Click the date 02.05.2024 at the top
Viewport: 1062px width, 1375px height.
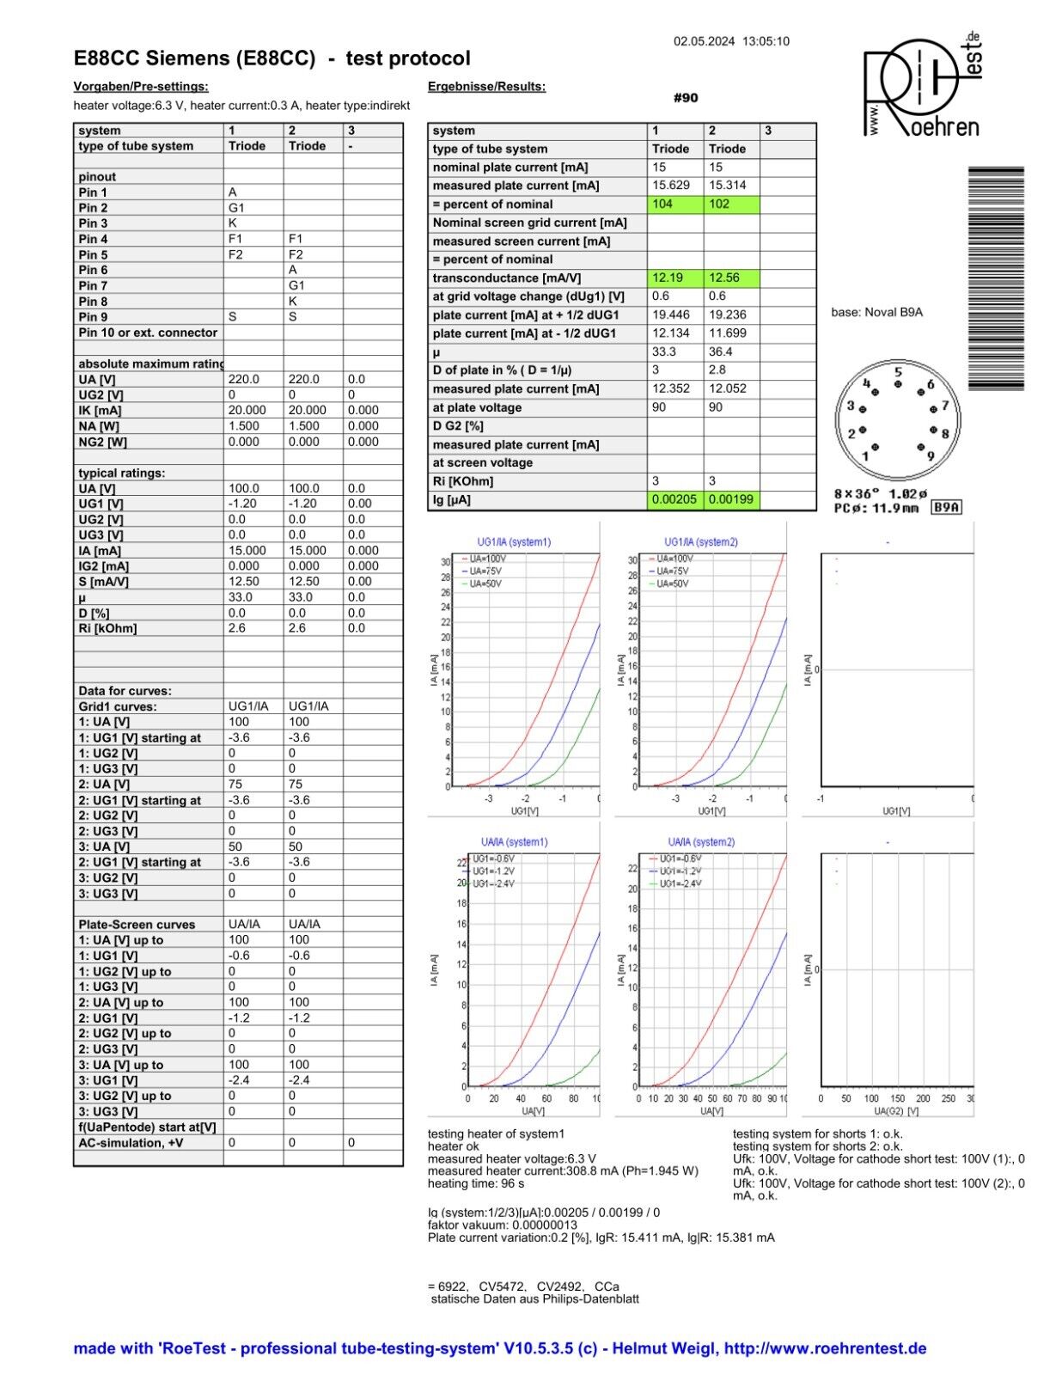pyautogui.click(x=704, y=41)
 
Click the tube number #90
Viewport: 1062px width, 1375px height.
pyautogui.click(x=686, y=98)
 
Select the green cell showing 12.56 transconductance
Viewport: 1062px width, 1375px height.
pyautogui.click(x=731, y=278)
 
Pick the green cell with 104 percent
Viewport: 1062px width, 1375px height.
pyautogui.click(x=674, y=205)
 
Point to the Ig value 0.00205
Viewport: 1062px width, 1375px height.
pyautogui.click(x=674, y=499)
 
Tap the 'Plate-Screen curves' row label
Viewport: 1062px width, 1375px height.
pyautogui.click(x=137, y=925)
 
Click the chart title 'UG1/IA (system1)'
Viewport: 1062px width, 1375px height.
pyautogui.click(x=514, y=542)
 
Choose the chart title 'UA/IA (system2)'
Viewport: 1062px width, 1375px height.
pyautogui.click(x=701, y=842)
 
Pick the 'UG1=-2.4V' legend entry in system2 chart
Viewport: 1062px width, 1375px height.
pyautogui.click(x=680, y=883)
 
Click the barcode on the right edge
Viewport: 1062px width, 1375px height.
pyautogui.click(x=996, y=278)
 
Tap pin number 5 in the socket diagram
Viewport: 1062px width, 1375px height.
pyautogui.click(x=898, y=373)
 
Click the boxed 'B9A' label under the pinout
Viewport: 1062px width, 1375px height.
pyautogui.click(x=947, y=508)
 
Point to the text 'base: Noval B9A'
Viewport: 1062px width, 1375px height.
pyautogui.click(x=876, y=313)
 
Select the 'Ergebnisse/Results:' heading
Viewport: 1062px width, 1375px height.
pyautogui.click(x=486, y=87)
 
